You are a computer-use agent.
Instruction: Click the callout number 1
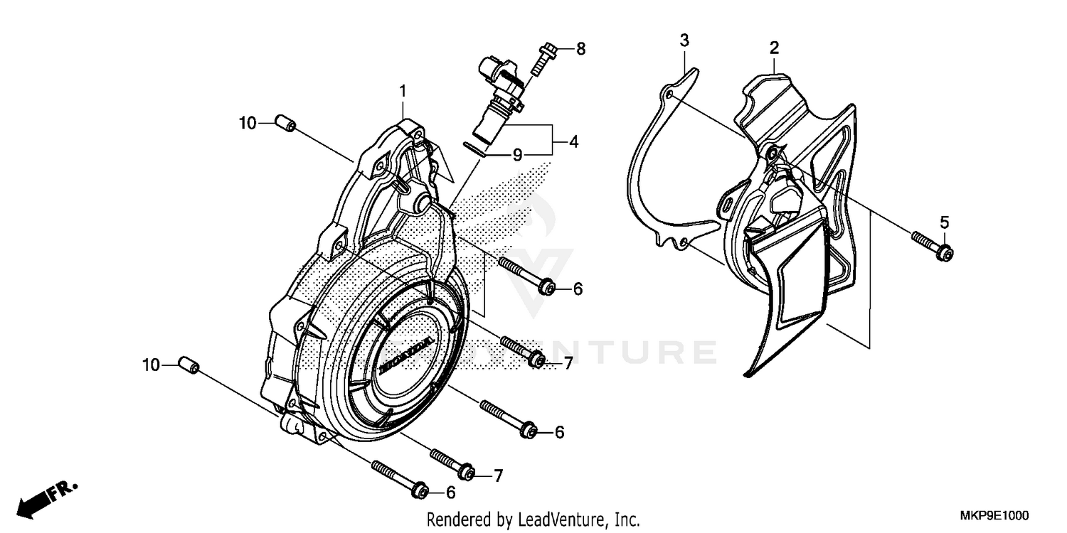pyautogui.click(x=403, y=91)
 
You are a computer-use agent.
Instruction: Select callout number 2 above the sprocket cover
pyautogui.click(x=774, y=48)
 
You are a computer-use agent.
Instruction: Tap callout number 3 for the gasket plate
pyautogui.click(x=684, y=41)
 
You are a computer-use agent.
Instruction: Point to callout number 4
pyautogui.click(x=573, y=141)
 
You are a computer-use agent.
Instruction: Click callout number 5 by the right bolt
pyautogui.click(x=944, y=222)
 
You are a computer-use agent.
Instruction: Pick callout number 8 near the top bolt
pyautogui.click(x=580, y=49)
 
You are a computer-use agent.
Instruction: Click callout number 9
pyautogui.click(x=518, y=154)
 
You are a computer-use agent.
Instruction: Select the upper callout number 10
pyautogui.click(x=247, y=123)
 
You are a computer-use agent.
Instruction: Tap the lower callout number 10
pyautogui.click(x=150, y=365)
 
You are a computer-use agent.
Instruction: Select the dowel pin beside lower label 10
pyautogui.click(x=189, y=366)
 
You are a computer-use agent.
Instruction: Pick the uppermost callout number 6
pyautogui.click(x=578, y=289)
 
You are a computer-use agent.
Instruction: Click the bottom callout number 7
pyautogui.click(x=498, y=475)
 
